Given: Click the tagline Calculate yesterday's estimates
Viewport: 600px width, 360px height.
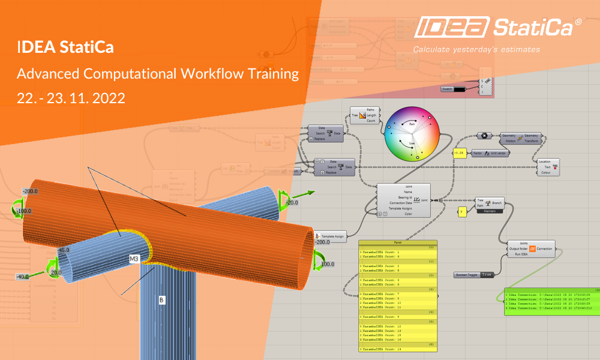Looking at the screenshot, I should (476, 49).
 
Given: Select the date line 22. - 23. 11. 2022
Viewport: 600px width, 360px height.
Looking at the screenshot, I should (71, 98).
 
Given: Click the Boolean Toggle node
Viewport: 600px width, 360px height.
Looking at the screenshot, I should (474, 274).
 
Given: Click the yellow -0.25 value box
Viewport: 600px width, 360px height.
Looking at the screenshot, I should (460, 153).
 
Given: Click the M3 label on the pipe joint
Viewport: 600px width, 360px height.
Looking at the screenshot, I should (135, 259).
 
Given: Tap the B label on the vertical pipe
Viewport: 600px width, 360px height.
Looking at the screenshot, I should (161, 298).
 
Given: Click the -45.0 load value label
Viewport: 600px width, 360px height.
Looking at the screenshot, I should (63, 250).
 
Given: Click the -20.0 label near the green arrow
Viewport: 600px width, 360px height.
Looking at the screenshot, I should (292, 203).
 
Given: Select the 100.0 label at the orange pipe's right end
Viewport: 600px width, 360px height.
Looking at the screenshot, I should (326, 264).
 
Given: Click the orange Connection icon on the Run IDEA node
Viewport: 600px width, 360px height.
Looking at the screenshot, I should (532, 247).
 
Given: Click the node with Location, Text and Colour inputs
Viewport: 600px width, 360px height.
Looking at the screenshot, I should (545, 167).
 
